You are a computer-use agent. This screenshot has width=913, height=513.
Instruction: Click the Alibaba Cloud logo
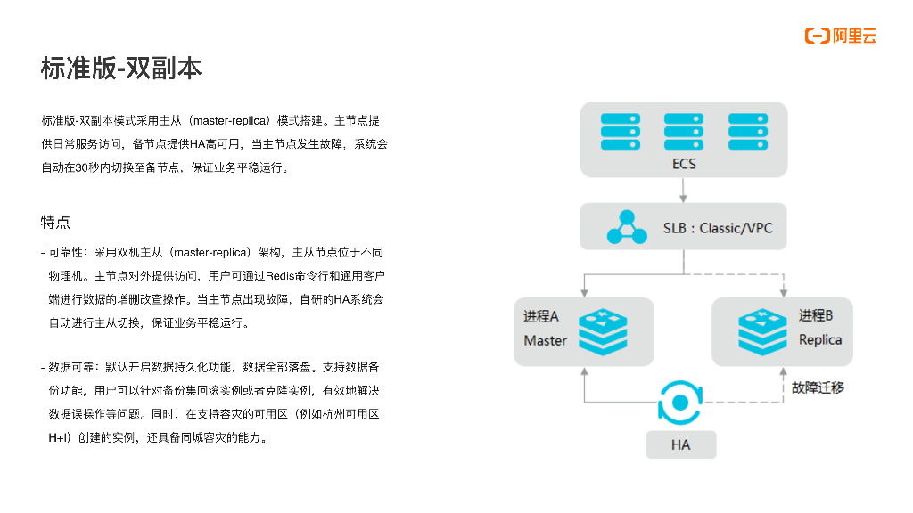coord(840,36)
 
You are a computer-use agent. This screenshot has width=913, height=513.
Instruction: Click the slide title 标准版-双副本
coord(121,69)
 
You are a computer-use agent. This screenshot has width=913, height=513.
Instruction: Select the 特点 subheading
coord(55,222)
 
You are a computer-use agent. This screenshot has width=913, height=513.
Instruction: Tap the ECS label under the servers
coord(684,164)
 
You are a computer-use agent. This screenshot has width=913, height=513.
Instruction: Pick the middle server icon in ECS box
coord(684,131)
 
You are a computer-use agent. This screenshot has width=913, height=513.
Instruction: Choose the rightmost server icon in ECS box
coord(748,131)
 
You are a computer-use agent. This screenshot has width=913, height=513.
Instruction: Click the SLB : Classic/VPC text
coord(718,228)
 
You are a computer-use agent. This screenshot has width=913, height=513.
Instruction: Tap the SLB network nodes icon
coord(627,227)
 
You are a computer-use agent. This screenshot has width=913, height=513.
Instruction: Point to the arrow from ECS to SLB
coord(684,190)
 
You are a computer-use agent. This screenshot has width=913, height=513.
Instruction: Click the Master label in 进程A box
coord(545,340)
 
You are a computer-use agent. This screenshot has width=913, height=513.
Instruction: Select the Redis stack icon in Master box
coord(604,331)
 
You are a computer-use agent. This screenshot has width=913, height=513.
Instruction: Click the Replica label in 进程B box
coord(820,339)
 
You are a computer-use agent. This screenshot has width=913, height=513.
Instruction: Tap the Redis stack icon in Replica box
coord(762,331)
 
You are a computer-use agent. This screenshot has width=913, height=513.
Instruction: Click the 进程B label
coord(816,316)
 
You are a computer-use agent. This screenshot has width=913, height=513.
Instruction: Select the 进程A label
coord(541,317)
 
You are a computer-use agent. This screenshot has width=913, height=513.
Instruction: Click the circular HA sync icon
coord(681,403)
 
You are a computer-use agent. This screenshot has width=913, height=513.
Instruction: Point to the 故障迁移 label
coord(818,387)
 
